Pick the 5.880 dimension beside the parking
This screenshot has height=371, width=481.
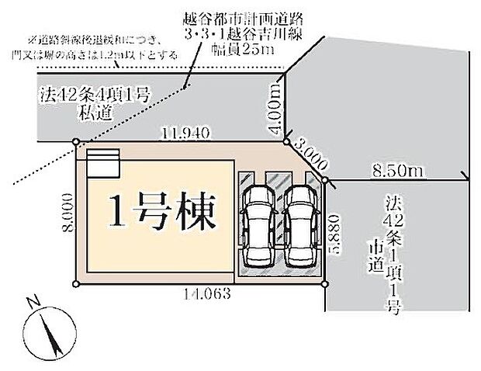tap(335, 230)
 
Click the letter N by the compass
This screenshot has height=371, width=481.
tap(30, 303)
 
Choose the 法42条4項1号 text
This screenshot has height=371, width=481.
tap(92, 96)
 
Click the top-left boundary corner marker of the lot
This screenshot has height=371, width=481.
tap(76, 142)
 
